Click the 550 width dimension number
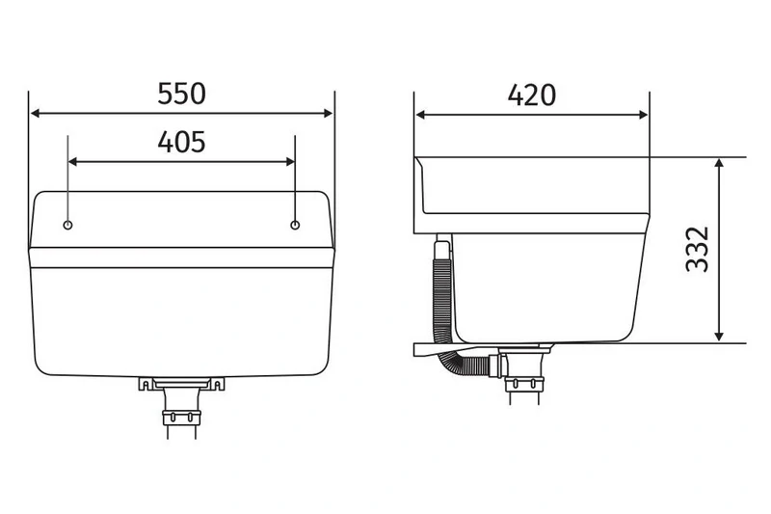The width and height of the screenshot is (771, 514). pyautogui.click(x=182, y=94)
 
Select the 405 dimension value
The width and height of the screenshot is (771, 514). pyautogui.click(x=181, y=142)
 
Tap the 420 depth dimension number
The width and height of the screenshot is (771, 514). pyautogui.click(x=531, y=95)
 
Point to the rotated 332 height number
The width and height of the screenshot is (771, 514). pyautogui.click(x=697, y=250)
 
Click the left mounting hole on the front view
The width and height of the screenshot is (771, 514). pyautogui.click(x=67, y=225)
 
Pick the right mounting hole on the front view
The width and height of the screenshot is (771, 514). pyautogui.click(x=295, y=225)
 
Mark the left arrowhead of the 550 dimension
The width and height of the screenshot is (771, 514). pyautogui.click(x=36, y=114)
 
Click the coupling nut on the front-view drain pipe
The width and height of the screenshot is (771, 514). pyautogui.click(x=182, y=419)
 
